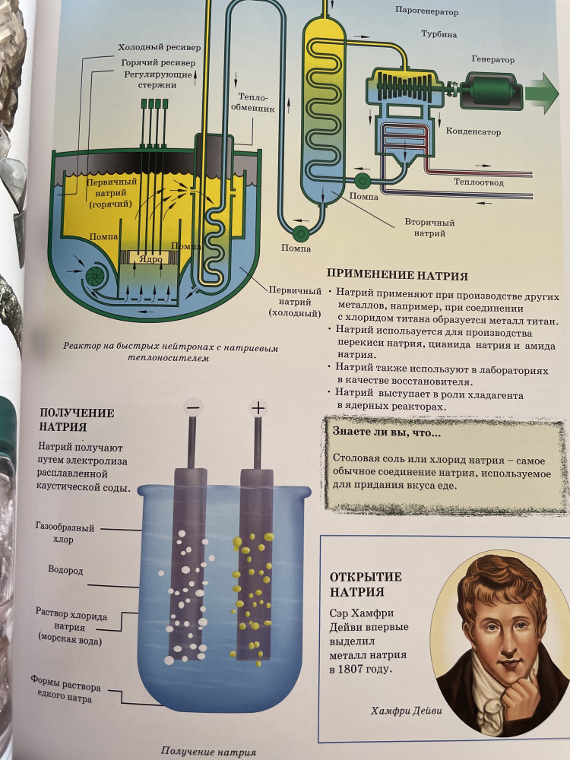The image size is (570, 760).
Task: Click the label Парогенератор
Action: coord(426,11)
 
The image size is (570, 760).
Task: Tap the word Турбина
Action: coord(439,34)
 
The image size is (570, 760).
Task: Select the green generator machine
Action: coord(490,90)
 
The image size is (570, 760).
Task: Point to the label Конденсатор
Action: coord(473,131)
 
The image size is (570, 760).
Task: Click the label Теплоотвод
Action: coord(478,182)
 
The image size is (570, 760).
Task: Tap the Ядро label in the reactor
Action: coord(150,259)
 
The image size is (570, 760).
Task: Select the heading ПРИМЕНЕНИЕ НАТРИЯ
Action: coord(397,275)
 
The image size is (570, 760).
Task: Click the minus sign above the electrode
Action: coord(192,407)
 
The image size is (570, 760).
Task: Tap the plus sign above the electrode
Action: coord(258,408)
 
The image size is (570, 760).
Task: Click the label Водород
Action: coord(65,570)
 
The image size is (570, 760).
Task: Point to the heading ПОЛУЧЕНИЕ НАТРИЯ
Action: coord(77,420)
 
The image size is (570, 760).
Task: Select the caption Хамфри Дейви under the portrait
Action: coord(406,711)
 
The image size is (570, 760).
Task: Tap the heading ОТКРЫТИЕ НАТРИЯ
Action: coord(366,584)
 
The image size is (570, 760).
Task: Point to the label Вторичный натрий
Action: coord(429,228)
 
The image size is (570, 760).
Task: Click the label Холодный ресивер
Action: coord(159,47)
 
